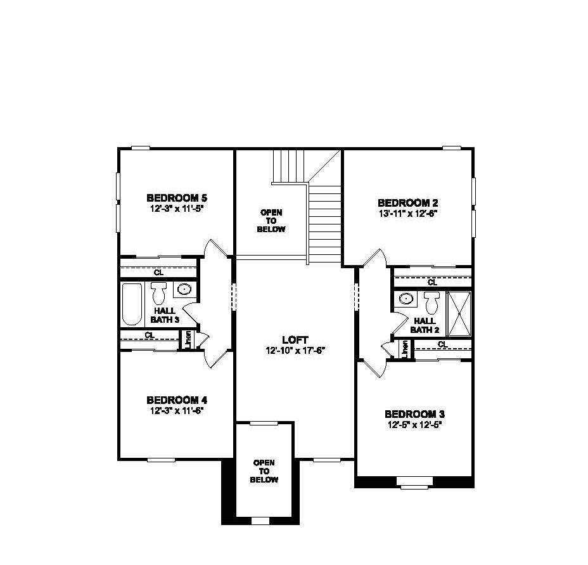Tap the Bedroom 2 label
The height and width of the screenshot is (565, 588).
pyautogui.click(x=407, y=203)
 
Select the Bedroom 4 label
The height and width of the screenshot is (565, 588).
pyautogui.click(x=177, y=400)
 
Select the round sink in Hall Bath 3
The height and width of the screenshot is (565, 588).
pyautogui.click(x=184, y=289)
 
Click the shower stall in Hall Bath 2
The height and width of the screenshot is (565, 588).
pyautogui.click(x=459, y=314)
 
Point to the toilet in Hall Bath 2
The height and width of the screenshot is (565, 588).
pyautogui.click(x=432, y=303)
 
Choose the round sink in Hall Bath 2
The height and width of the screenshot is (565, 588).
pyautogui.click(x=406, y=299)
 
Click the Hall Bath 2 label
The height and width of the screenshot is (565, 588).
pyautogui.click(x=425, y=325)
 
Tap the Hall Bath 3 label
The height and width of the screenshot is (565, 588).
pyautogui.click(x=165, y=315)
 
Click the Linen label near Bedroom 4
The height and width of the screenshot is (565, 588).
pyautogui.click(x=189, y=340)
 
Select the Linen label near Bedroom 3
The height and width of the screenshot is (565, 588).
pyautogui.click(x=405, y=349)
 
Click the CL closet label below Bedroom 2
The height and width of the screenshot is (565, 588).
pyautogui.click(x=432, y=282)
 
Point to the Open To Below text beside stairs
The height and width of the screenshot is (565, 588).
pyautogui.click(x=271, y=221)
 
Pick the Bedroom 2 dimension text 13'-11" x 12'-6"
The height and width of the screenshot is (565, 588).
pyautogui.click(x=407, y=213)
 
